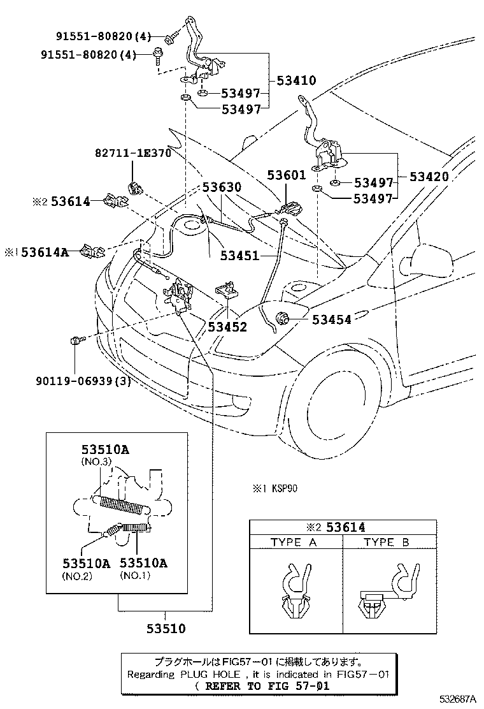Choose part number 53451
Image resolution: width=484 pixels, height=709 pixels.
(240, 256)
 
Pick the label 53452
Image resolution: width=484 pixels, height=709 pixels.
(227, 327)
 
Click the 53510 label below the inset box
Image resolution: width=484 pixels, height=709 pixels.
(165, 629)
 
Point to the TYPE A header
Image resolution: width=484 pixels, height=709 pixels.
(294, 542)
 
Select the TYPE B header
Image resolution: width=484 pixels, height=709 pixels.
(388, 542)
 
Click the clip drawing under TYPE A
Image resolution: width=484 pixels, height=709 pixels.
(295, 590)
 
